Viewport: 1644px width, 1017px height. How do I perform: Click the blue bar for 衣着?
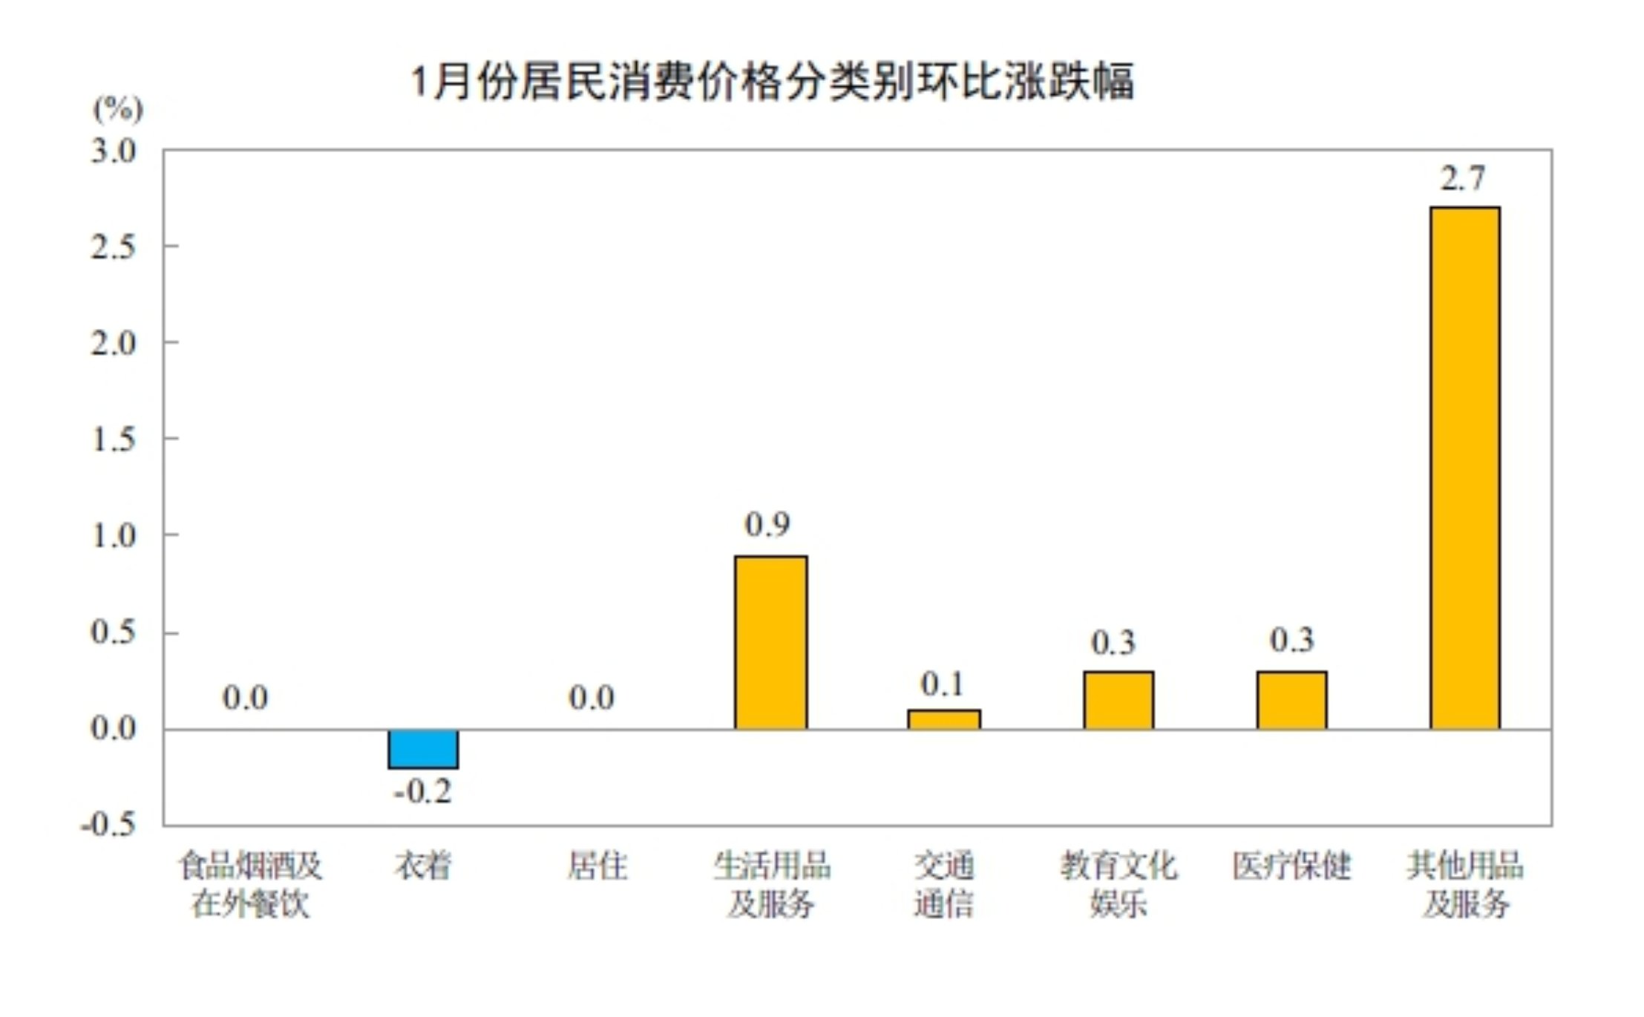tap(423, 748)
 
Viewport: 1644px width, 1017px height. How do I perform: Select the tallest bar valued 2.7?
tap(1464, 468)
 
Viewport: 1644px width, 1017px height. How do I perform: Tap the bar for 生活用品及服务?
tap(770, 642)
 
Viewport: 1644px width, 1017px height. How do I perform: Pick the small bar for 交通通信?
tap(943, 719)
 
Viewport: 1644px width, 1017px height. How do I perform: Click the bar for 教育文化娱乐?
tap(1118, 700)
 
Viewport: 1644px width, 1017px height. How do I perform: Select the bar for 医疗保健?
tap(1291, 700)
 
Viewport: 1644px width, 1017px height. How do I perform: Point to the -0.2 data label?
tap(422, 791)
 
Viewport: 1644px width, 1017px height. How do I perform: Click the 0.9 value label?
tap(767, 525)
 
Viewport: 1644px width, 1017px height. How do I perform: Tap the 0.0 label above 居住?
tap(592, 698)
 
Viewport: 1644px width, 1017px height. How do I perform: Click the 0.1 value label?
tap(942, 684)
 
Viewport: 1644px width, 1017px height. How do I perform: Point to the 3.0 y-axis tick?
tap(114, 151)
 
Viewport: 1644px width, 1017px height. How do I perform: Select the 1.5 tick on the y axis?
tap(114, 439)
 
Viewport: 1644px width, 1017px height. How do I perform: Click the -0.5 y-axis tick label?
tap(108, 824)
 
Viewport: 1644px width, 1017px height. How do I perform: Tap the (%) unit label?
tap(117, 109)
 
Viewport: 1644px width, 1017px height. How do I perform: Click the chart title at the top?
tap(772, 81)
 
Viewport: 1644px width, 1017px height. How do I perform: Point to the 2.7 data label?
tap(1463, 179)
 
